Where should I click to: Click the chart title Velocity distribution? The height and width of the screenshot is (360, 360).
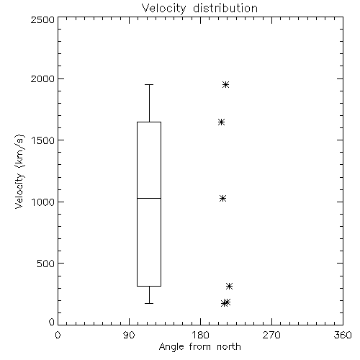click(x=199, y=9)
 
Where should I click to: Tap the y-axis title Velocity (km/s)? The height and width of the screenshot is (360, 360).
click(x=19, y=171)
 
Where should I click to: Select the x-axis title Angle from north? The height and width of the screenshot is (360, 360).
click(x=199, y=347)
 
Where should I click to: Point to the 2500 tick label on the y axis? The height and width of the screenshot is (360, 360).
click(x=42, y=19)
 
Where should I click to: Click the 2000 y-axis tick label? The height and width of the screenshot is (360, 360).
click(x=42, y=78)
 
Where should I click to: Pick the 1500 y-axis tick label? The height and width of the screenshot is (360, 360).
click(x=43, y=140)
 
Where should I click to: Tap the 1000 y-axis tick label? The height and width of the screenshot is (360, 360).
click(x=43, y=202)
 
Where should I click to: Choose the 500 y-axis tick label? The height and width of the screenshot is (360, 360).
click(x=46, y=264)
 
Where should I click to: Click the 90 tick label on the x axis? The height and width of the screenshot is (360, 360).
click(x=129, y=335)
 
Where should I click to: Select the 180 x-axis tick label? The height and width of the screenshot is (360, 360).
click(x=200, y=335)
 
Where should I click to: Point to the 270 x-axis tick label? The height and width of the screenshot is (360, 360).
click(x=271, y=335)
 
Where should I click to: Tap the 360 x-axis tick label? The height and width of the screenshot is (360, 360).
click(x=343, y=335)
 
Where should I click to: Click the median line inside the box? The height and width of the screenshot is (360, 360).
click(x=149, y=198)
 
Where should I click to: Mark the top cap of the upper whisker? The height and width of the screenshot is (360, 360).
click(x=149, y=84)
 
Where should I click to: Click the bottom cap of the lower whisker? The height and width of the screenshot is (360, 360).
click(x=149, y=303)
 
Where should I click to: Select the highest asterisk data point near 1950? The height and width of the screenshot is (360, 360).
click(x=225, y=84)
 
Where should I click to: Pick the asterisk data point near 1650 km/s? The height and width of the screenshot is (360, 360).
click(x=221, y=122)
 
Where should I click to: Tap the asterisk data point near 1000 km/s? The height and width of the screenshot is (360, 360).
click(x=222, y=198)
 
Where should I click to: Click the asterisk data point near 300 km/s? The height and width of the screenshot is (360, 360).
click(x=229, y=286)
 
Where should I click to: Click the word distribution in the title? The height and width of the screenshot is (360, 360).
click(x=225, y=9)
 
